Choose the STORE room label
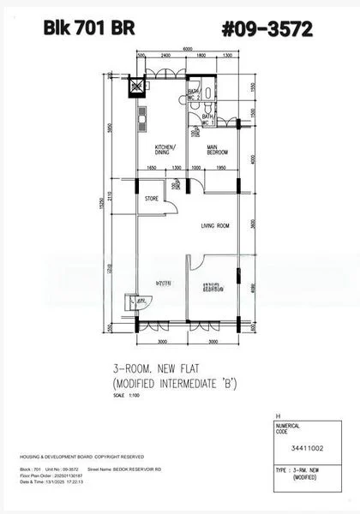(x=152, y=199)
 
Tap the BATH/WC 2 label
(x=194, y=93)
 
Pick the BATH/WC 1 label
(x=207, y=121)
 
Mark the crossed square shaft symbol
(x=135, y=87)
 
